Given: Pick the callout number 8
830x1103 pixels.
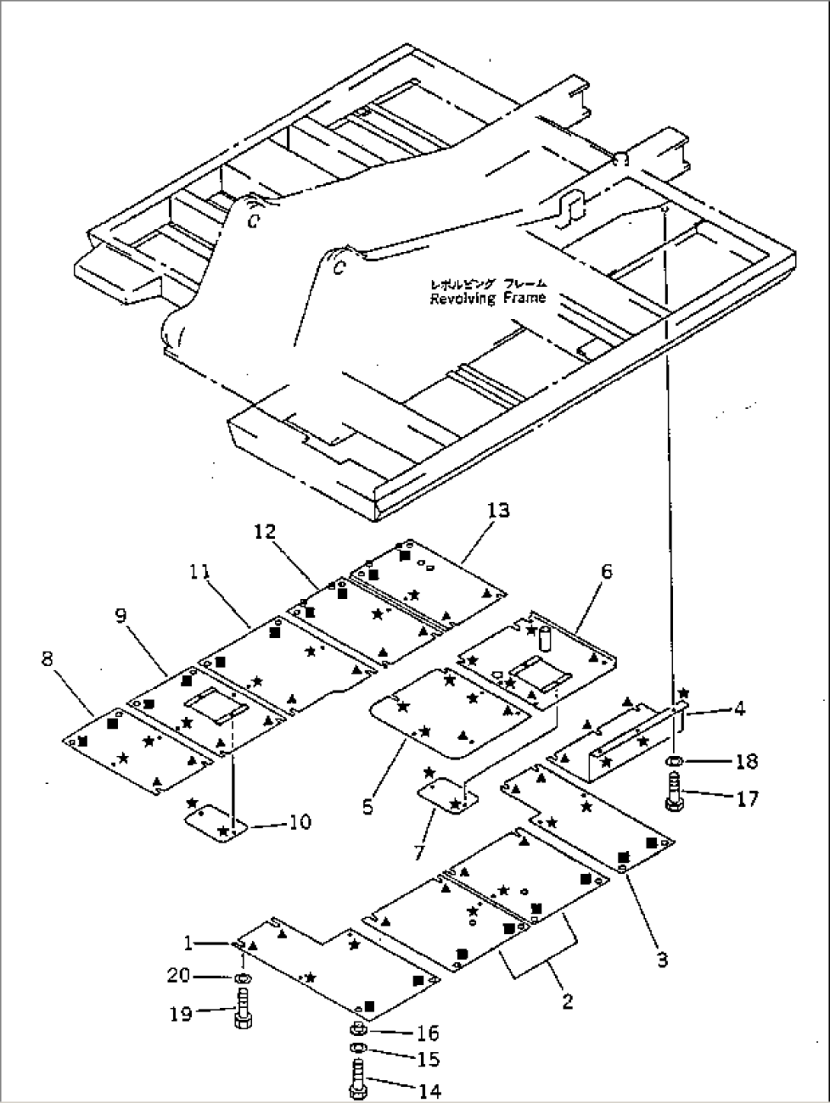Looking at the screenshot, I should (47, 659).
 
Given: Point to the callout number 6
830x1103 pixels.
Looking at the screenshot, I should (605, 572).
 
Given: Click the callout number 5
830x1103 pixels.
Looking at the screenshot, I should (368, 806).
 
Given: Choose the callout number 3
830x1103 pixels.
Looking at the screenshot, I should (662, 960).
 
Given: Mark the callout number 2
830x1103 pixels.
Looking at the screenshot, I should (567, 1001).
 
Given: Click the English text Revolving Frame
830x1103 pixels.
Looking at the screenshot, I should (487, 298).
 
